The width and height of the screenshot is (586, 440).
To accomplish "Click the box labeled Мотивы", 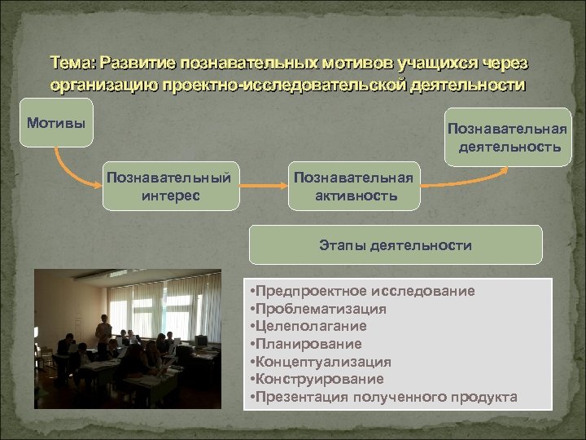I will click(x=55, y=123).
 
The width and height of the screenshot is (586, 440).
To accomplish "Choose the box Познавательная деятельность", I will click(x=508, y=137).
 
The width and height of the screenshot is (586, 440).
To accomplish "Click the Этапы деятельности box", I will click(x=395, y=244).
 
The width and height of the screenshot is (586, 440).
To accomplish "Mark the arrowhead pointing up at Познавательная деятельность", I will click(x=507, y=169).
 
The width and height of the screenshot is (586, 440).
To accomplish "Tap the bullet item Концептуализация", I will click(x=322, y=362).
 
